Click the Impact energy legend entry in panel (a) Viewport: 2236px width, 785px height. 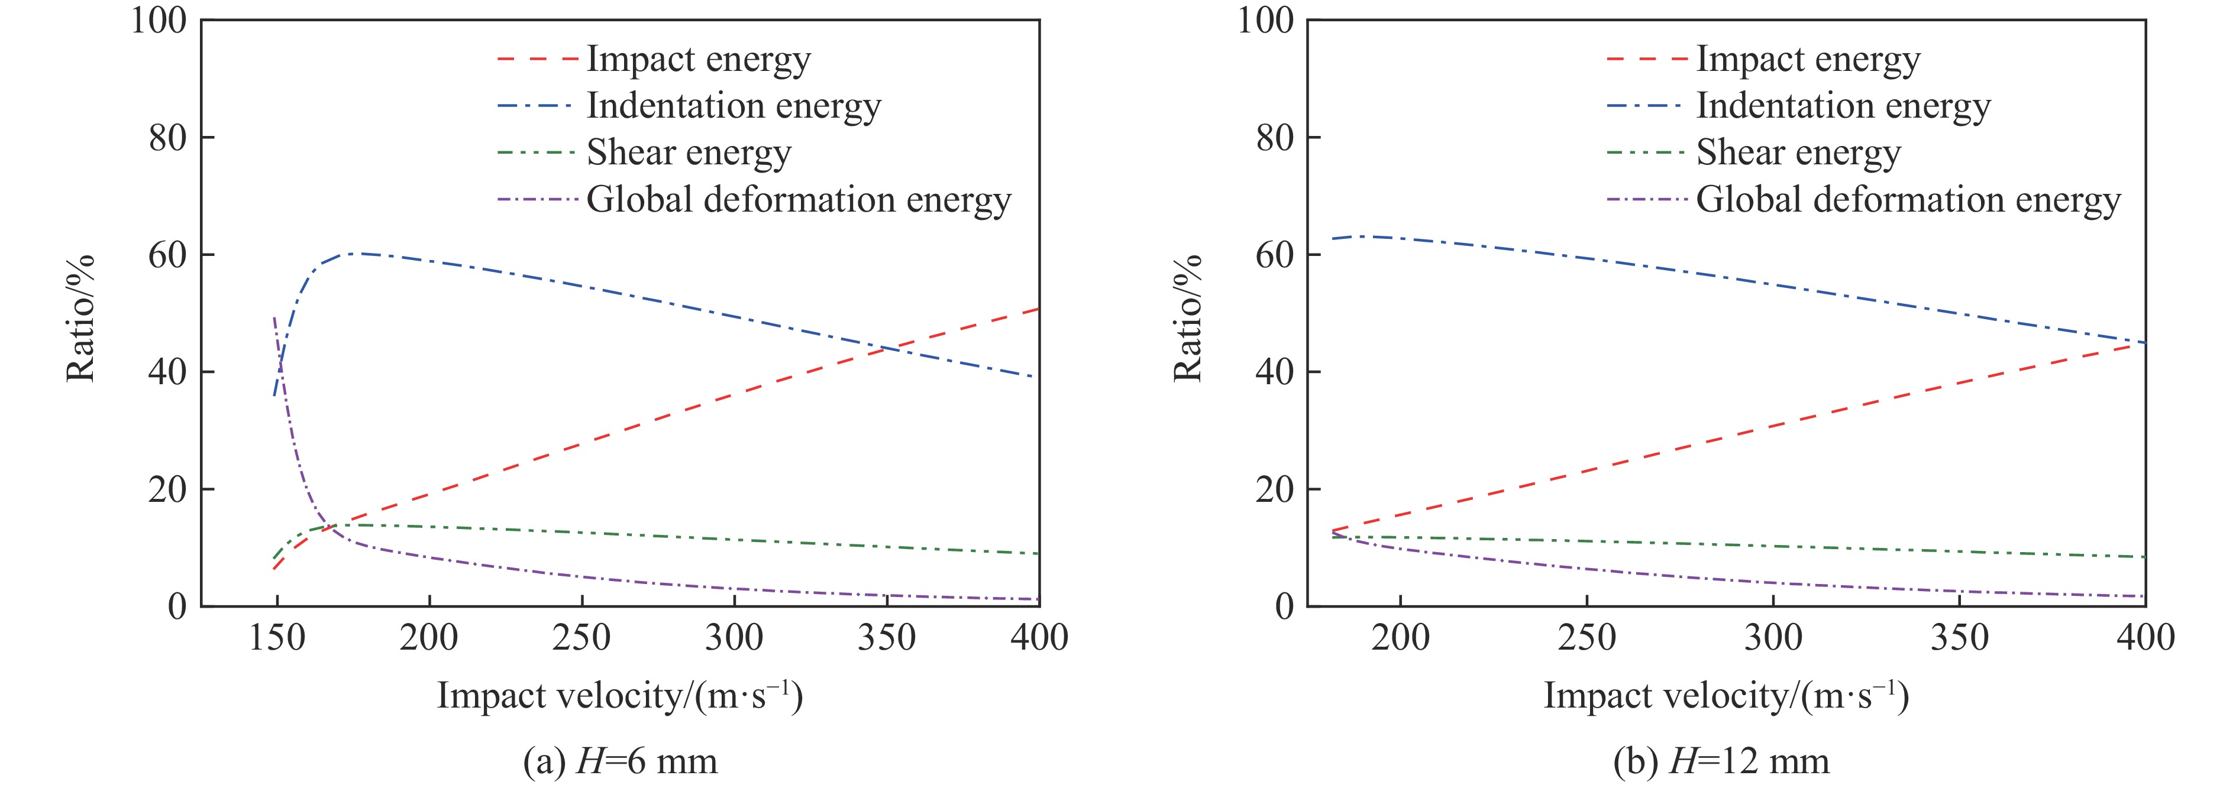pos(698,59)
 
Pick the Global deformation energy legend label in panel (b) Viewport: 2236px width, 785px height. pos(1908,200)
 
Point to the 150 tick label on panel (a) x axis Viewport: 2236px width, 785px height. pos(277,638)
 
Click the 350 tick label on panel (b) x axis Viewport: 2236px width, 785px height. pos(1959,638)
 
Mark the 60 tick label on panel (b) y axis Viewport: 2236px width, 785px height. pos(1276,255)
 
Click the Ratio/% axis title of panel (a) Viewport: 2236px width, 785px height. pos(80,319)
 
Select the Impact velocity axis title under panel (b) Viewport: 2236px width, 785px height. pos(1726,696)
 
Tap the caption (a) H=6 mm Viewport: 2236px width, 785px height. pos(621,761)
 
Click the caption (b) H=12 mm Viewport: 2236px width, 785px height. pos(1720,761)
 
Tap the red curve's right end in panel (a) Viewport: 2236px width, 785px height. pos(1038,309)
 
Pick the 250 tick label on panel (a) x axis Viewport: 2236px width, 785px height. pos(581,638)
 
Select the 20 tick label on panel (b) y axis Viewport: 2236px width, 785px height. pos(1276,489)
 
